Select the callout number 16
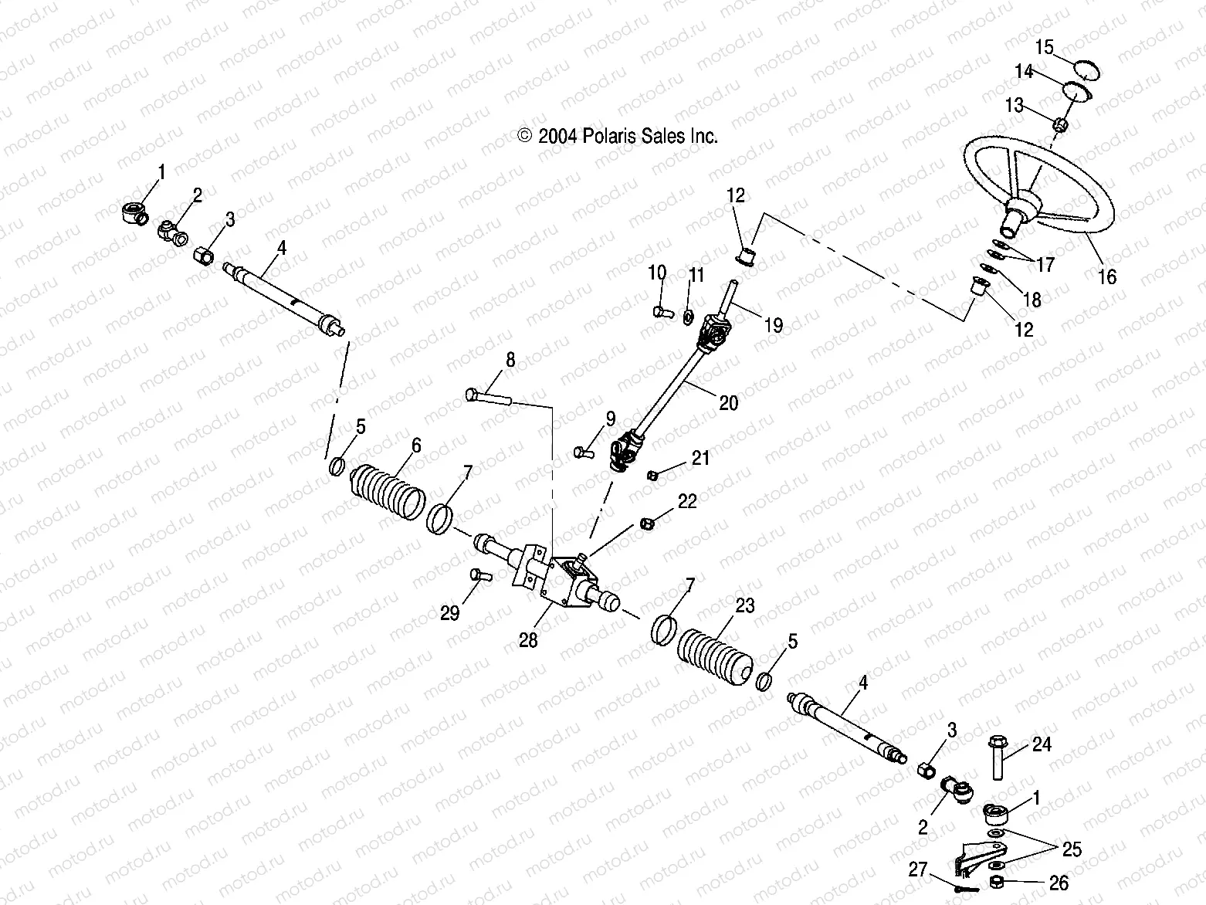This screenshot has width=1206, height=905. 1107,277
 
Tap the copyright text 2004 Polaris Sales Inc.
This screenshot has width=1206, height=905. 618,136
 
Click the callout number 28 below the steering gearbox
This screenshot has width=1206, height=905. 528,640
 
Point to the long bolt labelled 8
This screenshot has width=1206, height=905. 489,397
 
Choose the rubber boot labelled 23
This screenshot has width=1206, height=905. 714,661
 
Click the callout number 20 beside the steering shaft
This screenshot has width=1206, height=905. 729,403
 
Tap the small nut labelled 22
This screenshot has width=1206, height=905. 647,523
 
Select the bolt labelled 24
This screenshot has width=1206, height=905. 998,758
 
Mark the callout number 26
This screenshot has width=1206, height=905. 1059,883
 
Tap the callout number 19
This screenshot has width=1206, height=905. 774,325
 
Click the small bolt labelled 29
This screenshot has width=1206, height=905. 481,575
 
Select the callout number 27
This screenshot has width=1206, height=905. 917,869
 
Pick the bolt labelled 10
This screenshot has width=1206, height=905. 663,313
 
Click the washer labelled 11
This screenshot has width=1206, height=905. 688,317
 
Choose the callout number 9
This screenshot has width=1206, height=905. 611,419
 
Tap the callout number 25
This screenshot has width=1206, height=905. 1072,849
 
